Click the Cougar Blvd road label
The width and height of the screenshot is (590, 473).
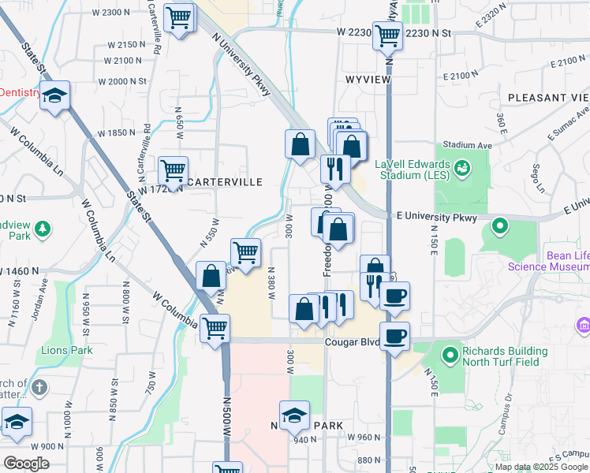pyautogui.click(x=353, y=342)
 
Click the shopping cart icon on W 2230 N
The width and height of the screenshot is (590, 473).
pyautogui.click(x=387, y=35)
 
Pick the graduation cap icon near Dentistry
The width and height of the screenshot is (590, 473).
pyautogui.click(x=54, y=96)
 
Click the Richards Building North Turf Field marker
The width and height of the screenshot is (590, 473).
pyautogui.click(x=450, y=356)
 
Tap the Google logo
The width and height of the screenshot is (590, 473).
pyautogui.click(x=27, y=464)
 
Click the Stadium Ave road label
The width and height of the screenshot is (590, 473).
pyautogui.click(x=467, y=145)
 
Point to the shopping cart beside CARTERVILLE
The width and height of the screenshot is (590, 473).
pyautogui.click(x=173, y=168)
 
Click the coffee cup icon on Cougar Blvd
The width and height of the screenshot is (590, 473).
pyautogui.click(x=395, y=334)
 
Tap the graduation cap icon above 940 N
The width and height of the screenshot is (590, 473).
pyautogui.click(x=294, y=415)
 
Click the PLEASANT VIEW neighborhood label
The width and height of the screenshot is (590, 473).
pyautogui.click(x=548, y=97)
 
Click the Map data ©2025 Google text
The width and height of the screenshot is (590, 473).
pyautogui.click(x=540, y=466)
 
